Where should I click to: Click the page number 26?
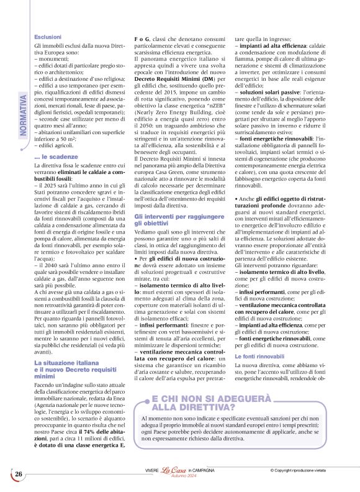pyautogui.click(x=19, y=474)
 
